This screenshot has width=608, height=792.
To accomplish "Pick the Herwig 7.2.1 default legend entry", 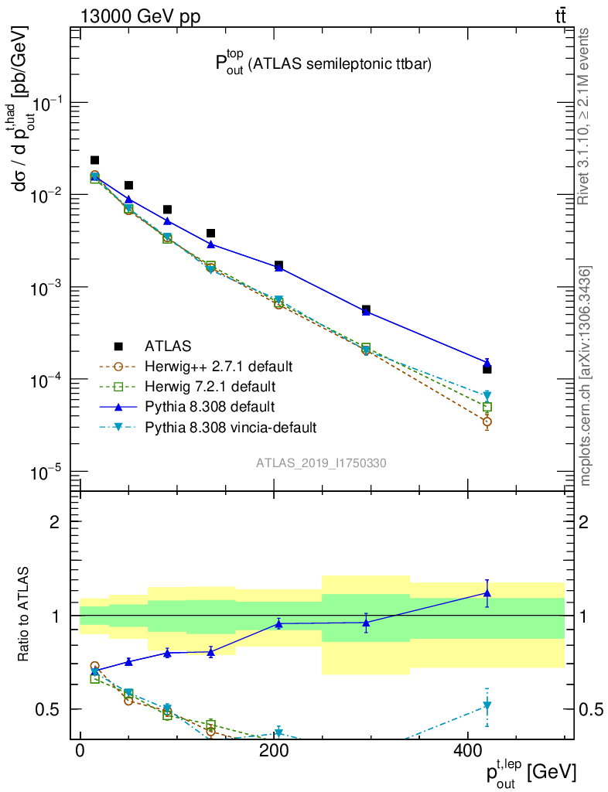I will (x=211, y=385).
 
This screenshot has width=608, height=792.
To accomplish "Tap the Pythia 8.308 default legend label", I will (x=210, y=406).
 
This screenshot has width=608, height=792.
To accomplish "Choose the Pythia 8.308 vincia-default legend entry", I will (x=231, y=426).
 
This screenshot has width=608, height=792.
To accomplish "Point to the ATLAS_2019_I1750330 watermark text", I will (x=321, y=463).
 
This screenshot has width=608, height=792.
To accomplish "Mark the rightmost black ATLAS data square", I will (x=487, y=369).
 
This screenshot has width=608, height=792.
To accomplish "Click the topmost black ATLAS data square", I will (x=95, y=160).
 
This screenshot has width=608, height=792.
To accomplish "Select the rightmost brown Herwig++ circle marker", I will (x=487, y=422).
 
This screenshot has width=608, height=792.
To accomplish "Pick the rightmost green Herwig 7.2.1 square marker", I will (x=487, y=407).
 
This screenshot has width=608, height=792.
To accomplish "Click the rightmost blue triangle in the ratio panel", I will (x=487, y=592).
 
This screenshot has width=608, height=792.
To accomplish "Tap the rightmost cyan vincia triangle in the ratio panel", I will (x=487, y=705).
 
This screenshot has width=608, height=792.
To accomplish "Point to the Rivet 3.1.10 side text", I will (x=584, y=116).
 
